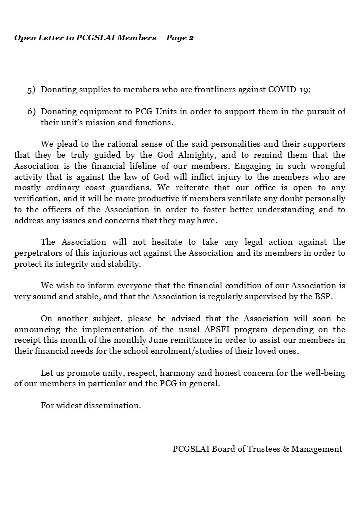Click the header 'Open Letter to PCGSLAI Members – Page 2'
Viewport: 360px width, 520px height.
click(x=104, y=38)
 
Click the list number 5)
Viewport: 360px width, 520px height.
click(x=31, y=90)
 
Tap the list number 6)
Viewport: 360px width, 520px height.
click(x=31, y=111)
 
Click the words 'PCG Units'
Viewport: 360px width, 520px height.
click(x=151, y=111)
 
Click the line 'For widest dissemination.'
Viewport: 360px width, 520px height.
click(x=91, y=405)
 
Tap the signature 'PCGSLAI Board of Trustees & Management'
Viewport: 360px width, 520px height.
click(x=257, y=449)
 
